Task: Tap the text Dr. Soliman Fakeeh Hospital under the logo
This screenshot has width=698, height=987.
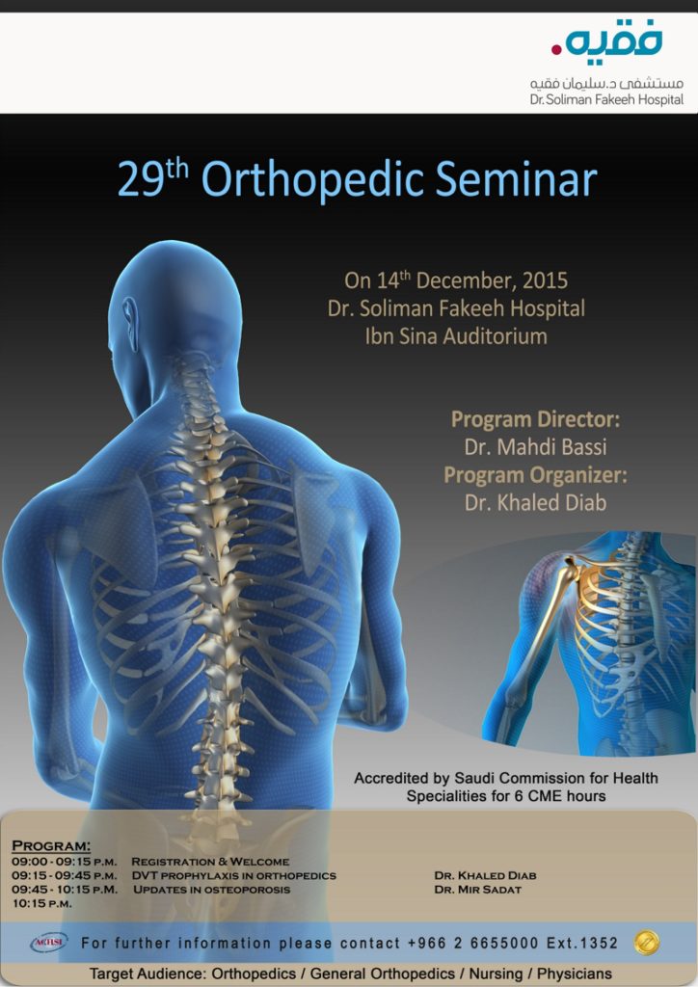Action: (606, 99)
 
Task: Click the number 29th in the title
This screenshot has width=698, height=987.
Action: (153, 178)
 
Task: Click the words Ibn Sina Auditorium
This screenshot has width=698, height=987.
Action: (456, 336)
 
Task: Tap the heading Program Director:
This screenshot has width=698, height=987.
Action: (536, 419)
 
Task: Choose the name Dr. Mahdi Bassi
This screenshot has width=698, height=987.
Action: (536, 447)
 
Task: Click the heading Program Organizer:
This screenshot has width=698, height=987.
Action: (536, 474)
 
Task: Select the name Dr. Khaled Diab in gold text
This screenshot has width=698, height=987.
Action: (536, 502)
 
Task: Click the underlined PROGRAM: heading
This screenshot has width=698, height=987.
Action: (52, 845)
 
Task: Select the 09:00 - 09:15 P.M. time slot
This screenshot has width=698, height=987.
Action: (65, 862)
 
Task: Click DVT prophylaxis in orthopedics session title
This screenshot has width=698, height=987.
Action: (234, 875)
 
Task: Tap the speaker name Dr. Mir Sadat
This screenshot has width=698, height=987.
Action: (478, 890)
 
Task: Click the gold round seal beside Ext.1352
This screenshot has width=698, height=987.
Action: (647, 943)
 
